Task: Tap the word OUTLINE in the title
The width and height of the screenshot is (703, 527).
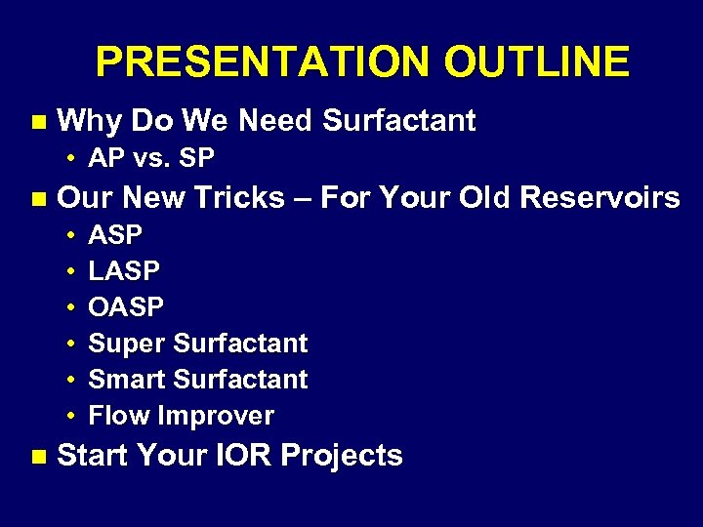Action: coord(536,62)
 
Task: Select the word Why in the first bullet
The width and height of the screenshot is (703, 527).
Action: coord(90,121)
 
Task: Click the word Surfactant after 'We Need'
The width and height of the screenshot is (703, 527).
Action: coord(398,121)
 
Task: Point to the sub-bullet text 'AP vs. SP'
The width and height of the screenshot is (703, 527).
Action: coord(151,158)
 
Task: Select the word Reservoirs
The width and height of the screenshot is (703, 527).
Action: coord(600,198)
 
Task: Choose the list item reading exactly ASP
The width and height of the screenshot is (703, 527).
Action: coord(115,235)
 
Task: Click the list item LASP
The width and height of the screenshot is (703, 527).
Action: coord(124,271)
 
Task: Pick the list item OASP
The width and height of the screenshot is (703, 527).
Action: coord(126,307)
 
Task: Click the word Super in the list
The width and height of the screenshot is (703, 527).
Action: coord(127,344)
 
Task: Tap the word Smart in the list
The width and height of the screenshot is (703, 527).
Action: coord(127,380)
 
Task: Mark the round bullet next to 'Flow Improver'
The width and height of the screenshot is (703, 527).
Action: coord(72,417)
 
